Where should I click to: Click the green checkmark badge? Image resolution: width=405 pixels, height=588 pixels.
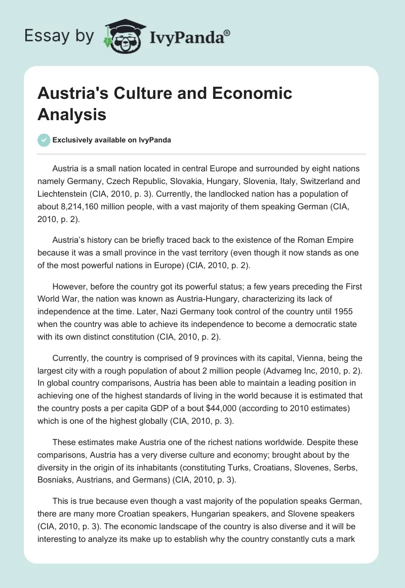[44, 140]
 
